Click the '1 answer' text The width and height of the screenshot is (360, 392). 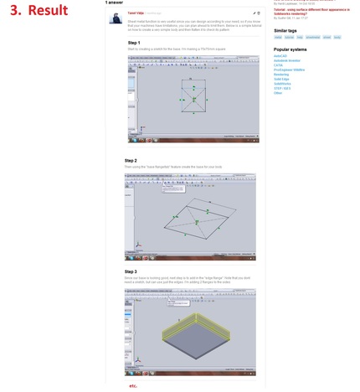(114, 3)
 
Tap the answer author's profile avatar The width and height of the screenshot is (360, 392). (116, 18)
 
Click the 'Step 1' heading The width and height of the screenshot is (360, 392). (134, 43)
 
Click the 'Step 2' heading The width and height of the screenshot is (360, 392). (131, 161)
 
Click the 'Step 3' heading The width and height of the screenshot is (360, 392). (131, 271)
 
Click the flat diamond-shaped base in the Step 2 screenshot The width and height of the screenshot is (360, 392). (198, 219)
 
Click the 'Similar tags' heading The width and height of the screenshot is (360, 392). (285, 30)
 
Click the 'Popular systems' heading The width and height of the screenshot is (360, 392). (290, 49)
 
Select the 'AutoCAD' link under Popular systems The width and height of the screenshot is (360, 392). (280, 56)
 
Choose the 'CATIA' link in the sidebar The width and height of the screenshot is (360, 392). (278, 65)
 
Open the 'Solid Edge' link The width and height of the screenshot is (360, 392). (280, 79)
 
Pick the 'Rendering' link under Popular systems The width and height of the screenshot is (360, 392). (280, 75)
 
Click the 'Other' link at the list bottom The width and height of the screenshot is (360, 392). (278, 93)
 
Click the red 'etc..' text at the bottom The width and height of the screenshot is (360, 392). (133, 386)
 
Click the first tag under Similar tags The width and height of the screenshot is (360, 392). (279, 38)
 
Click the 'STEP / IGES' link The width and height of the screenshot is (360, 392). (282, 88)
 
